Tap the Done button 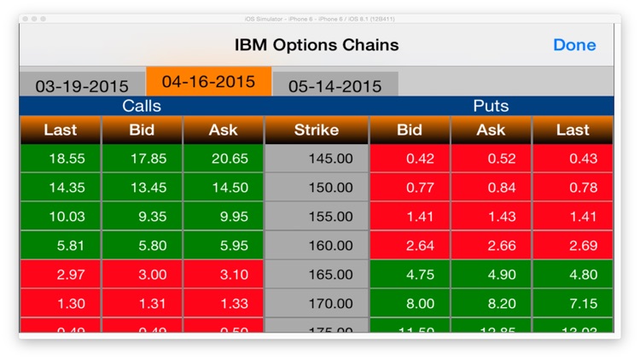(x=574, y=45)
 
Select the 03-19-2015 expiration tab (x=82, y=86)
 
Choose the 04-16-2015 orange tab (x=208, y=82)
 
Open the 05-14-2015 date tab (x=335, y=86)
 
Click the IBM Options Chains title (x=317, y=45)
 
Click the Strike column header (x=317, y=131)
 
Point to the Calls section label (x=142, y=107)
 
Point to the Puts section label (x=491, y=107)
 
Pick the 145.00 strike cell (x=317, y=159)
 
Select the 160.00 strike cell (x=317, y=246)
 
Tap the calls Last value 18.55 (x=60, y=159)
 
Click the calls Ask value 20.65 (x=224, y=159)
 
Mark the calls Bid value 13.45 (x=142, y=188)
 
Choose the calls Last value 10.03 (x=60, y=217)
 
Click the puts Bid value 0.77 (x=410, y=188)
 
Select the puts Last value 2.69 (x=573, y=246)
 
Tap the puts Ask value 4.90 (x=491, y=275)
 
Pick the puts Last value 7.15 (x=573, y=304)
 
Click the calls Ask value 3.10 (x=224, y=275)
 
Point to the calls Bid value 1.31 (x=142, y=304)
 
